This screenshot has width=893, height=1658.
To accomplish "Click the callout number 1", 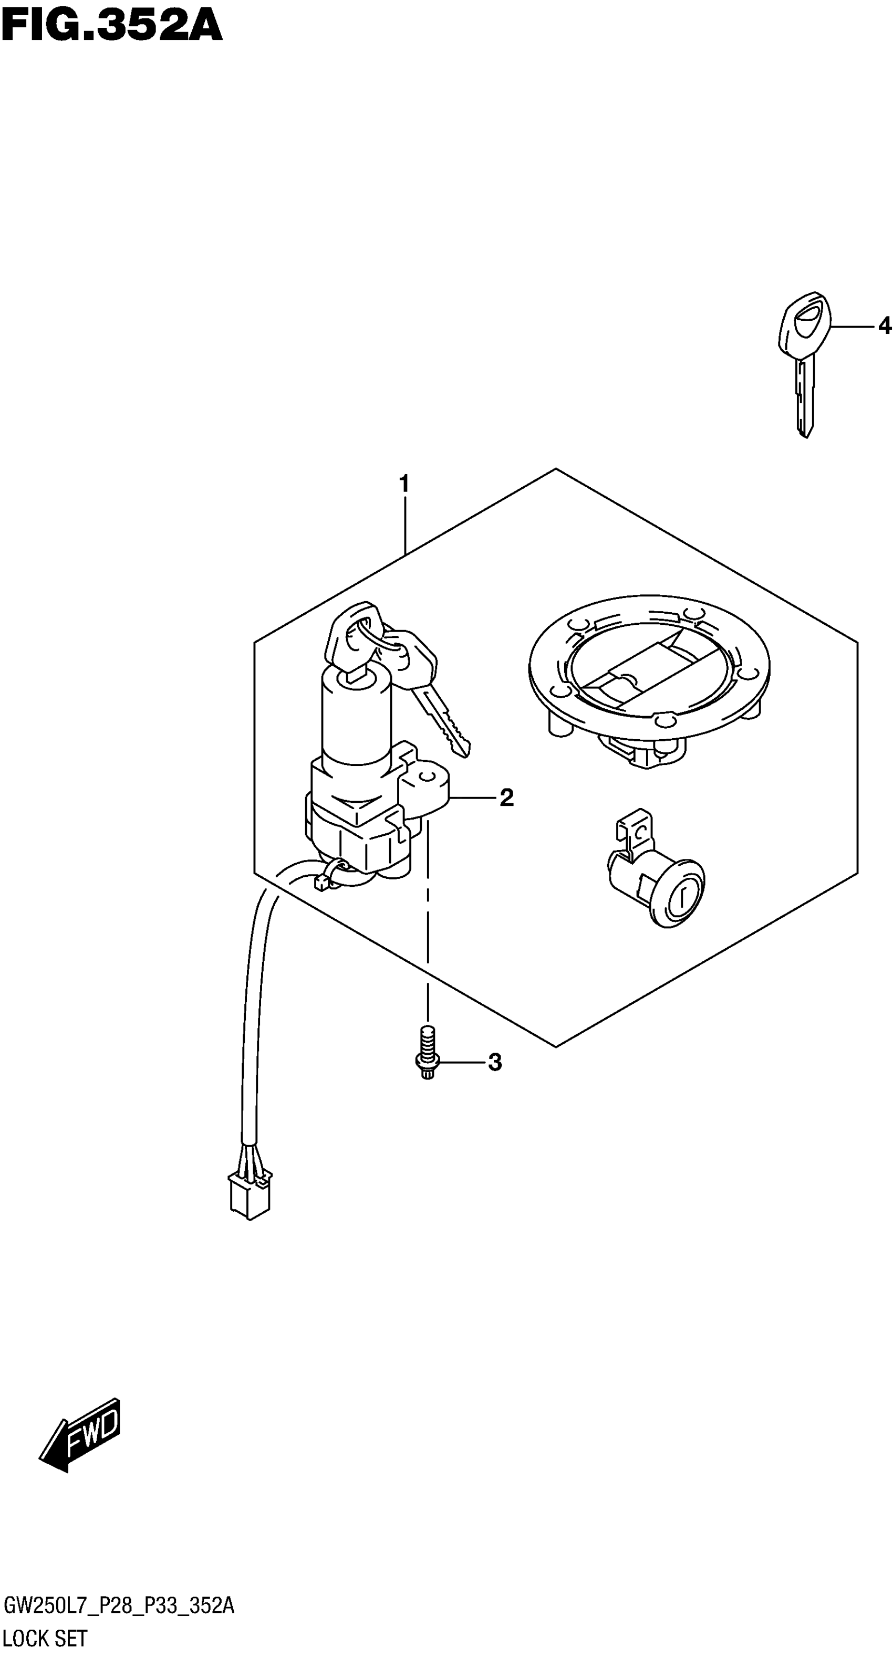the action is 404,484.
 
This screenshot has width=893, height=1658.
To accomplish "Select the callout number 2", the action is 507,798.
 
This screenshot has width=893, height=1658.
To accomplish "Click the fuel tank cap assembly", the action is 649,676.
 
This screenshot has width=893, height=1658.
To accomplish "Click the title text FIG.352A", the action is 111,27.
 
